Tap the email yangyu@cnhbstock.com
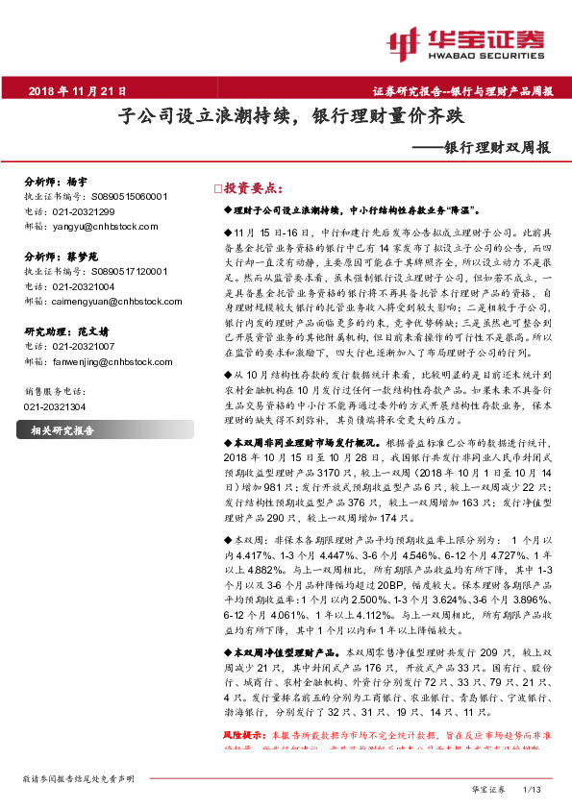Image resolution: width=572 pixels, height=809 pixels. pyautogui.click(x=100, y=227)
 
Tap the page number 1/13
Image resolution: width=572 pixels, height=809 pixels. pyautogui.click(x=533, y=789)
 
